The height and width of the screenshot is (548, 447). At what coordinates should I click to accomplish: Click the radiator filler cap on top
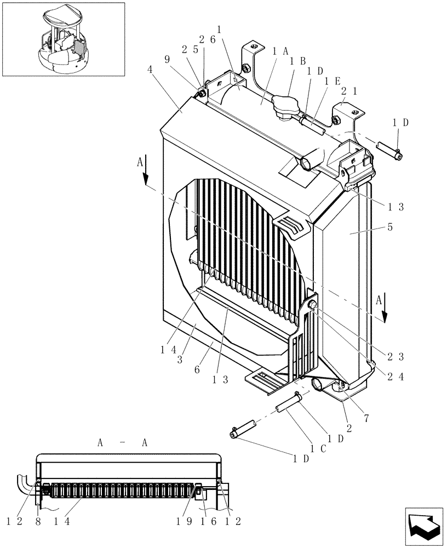(x=284, y=107)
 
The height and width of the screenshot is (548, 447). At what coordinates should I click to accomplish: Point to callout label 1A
(x=279, y=51)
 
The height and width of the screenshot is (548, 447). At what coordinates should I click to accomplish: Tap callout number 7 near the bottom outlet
(x=365, y=418)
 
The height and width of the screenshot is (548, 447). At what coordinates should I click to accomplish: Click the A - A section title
(x=122, y=443)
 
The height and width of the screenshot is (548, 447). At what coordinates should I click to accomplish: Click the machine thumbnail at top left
(x=63, y=39)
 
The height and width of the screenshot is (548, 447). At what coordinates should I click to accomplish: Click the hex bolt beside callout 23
(x=313, y=305)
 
